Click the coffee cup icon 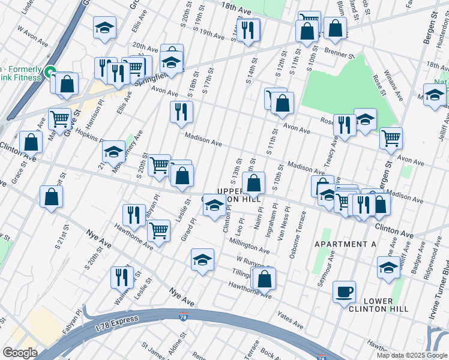(344, 292)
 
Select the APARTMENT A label (345, 245)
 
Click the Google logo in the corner (19, 353)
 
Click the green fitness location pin (50, 71)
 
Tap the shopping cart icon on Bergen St (391, 138)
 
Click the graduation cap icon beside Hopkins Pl (113, 152)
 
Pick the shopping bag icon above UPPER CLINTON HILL (255, 183)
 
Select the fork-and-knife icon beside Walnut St (122, 277)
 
